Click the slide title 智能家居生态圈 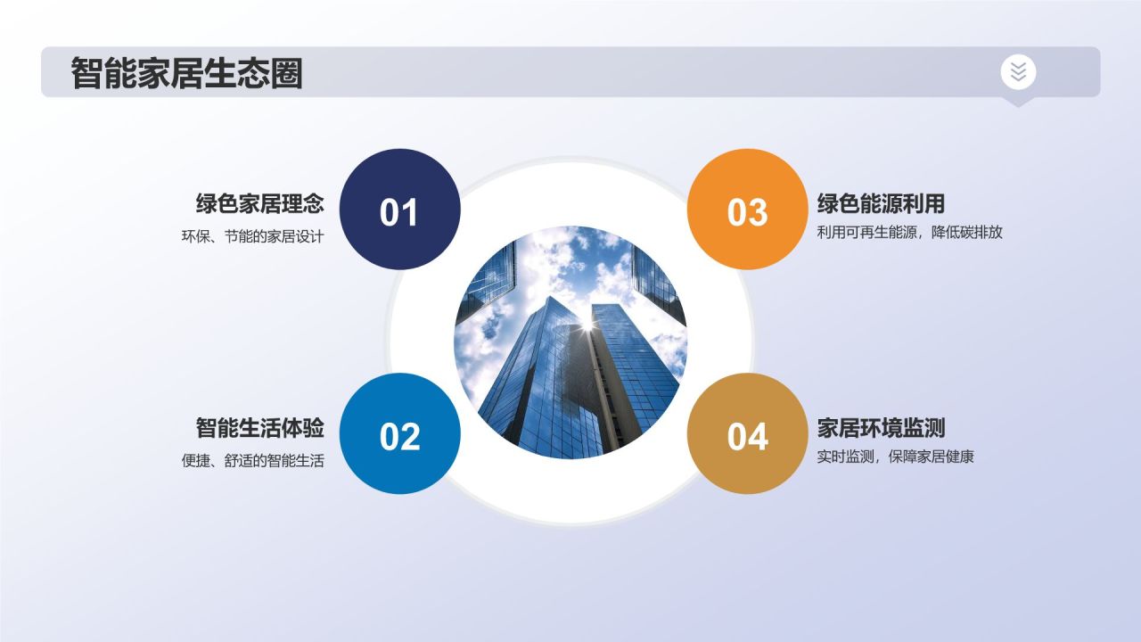pyautogui.click(x=186, y=73)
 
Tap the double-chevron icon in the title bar pyautogui.click(x=1018, y=71)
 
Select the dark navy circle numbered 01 pyautogui.click(x=399, y=210)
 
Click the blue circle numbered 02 pyautogui.click(x=399, y=434)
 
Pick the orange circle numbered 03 pyautogui.click(x=747, y=210)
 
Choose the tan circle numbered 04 pyautogui.click(x=747, y=434)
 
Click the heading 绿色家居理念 pyautogui.click(x=259, y=204)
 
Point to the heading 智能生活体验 pyautogui.click(x=259, y=428)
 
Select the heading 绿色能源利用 pyautogui.click(x=881, y=204)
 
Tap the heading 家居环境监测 pyautogui.click(x=881, y=428)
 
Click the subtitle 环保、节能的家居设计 pyautogui.click(x=252, y=237)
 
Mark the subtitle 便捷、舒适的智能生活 pyautogui.click(x=252, y=461)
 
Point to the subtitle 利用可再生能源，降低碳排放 pyautogui.click(x=910, y=232)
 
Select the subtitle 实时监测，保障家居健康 pyautogui.click(x=896, y=457)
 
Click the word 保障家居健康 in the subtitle pyautogui.click(x=932, y=457)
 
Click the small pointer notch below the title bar pyautogui.click(x=1018, y=102)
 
